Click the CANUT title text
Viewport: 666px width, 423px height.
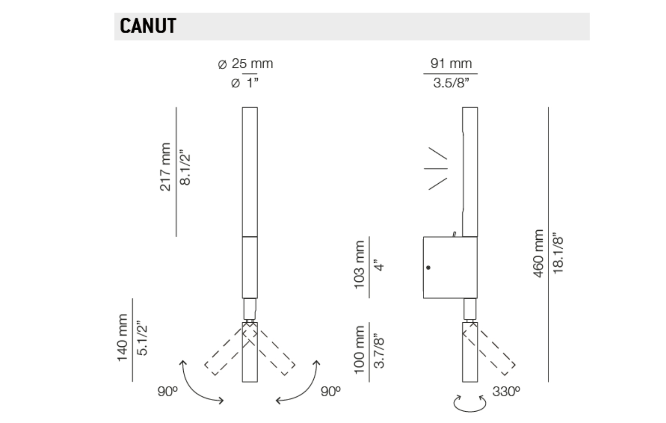[x=148, y=26]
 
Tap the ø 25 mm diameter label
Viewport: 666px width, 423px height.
[x=245, y=63]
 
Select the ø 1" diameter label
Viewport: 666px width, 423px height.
[x=245, y=83]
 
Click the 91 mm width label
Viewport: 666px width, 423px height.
[x=451, y=63]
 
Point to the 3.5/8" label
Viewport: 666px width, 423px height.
[x=451, y=83]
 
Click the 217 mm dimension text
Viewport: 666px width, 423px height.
[x=165, y=167]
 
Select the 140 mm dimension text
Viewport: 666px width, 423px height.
[x=123, y=337]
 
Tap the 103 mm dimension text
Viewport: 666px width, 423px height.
[x=359, y=264]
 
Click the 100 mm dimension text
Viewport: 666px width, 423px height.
[x=359, y=350]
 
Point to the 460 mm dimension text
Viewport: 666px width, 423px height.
[x=538, y=253]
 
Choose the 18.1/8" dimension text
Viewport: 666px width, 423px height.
[x=558, y=255]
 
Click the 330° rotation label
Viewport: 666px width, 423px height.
[x=506, y=392]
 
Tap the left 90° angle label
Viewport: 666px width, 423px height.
[x=168, y=392]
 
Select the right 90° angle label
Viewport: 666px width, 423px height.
[x=331, y=392]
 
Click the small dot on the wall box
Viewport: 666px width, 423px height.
[x=428, y=268]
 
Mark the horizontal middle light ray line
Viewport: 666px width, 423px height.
[x=436, y=168]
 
